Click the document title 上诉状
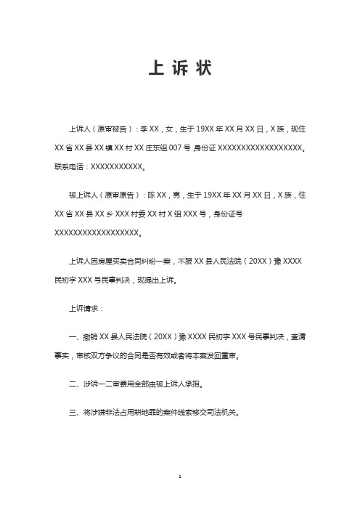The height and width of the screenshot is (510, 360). (179, 68)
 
